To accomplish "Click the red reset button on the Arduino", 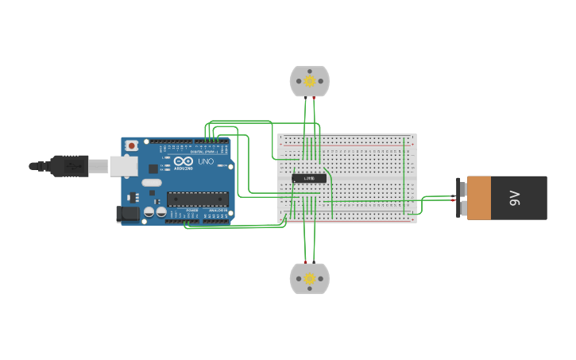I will click(132, 145).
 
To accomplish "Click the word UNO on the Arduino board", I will click(206, 161).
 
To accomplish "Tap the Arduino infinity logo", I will click(183, 161).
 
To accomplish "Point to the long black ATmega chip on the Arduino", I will click(197, 199).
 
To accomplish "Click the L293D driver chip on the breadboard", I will click(309, 178).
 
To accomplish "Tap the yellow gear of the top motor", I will click(309, 80).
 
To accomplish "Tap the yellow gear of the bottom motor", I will click(309, 279).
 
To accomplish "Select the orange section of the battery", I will click(479, 198).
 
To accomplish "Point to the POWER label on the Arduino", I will click(192, 211).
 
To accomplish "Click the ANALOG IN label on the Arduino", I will click(218, 211).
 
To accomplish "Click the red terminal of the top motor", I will click(315, 98).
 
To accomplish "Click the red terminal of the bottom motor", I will click(304, 262).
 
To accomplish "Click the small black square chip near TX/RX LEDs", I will click(153, 168).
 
